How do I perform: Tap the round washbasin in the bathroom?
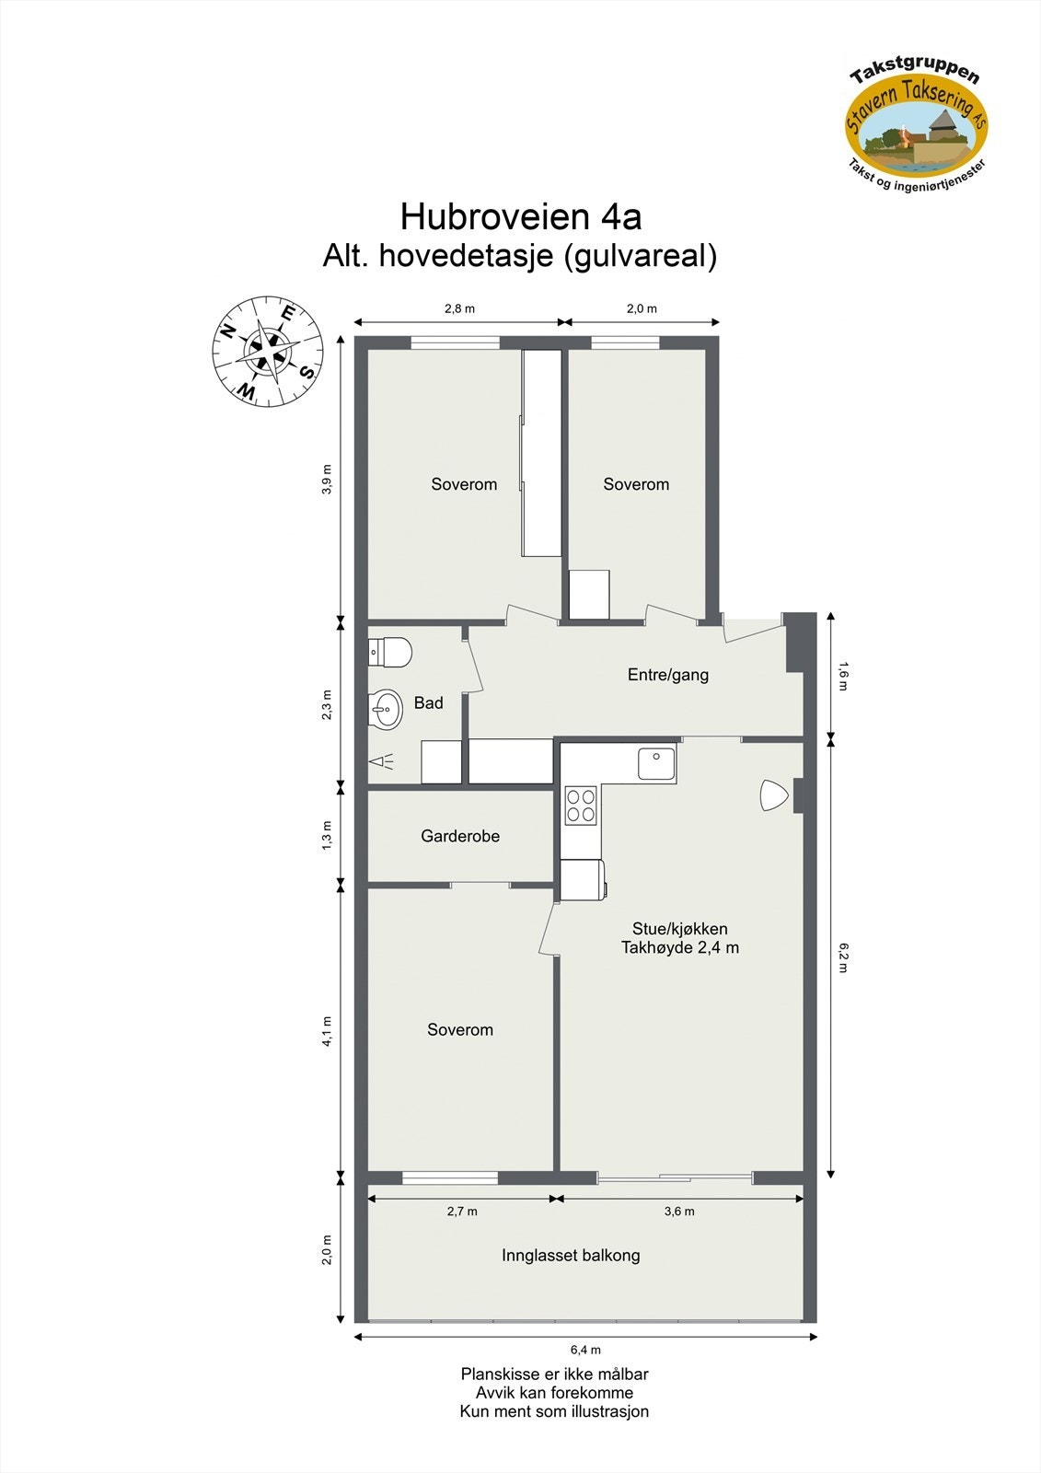tap(387, 709)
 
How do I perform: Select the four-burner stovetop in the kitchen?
tap(580, 806)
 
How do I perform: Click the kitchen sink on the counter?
tap(656, 764)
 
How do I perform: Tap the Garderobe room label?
tap(460, 836)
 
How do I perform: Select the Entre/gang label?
tap(668, 675)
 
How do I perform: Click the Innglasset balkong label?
tap(571, 1255)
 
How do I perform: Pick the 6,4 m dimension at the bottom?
tap(585, 1350)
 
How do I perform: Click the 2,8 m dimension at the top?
tap(459, 308)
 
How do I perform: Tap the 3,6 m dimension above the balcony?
tap(679, 1212)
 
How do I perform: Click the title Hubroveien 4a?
tap(520, 217)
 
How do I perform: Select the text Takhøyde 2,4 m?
tap(680, 947)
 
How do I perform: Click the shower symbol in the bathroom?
tap(382, 761)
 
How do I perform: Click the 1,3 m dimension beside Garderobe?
tap(327, 836)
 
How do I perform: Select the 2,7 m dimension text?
tap(462, 1212)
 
